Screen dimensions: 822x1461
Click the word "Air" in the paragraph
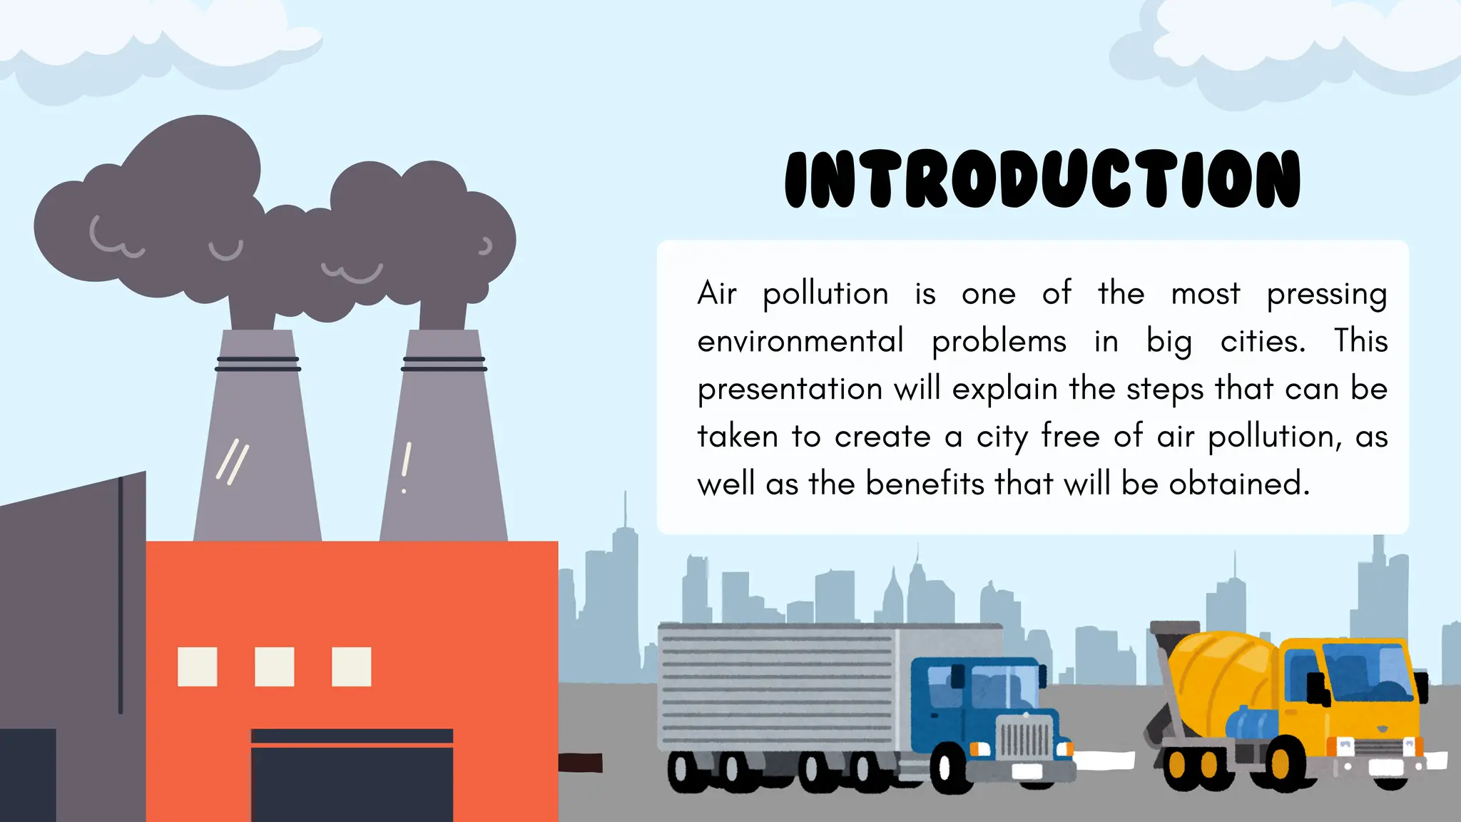(x=716, y=294)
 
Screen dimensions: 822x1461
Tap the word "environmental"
(x=800, y=341)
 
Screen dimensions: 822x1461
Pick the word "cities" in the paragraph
(x=1262, y=341)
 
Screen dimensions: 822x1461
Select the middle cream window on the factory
(x=275, y=666)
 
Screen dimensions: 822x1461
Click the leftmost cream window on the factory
(x=198, y=666)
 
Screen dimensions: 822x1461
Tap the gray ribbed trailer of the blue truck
(x=778, y=685)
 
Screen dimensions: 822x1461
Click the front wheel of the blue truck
(x=950, y=768)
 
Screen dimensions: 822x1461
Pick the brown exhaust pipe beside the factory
(x=580, y=763)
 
